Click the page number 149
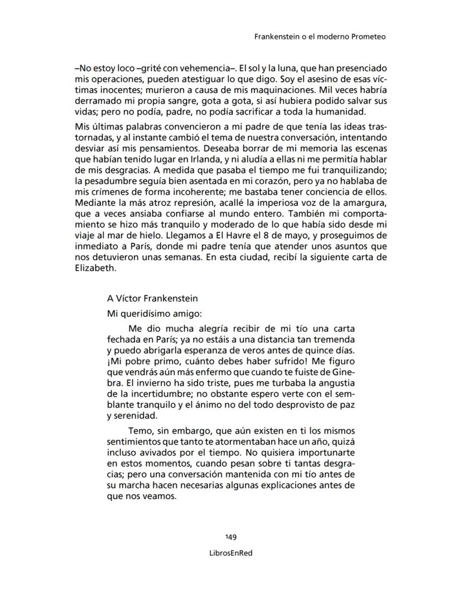click(231, 537)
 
